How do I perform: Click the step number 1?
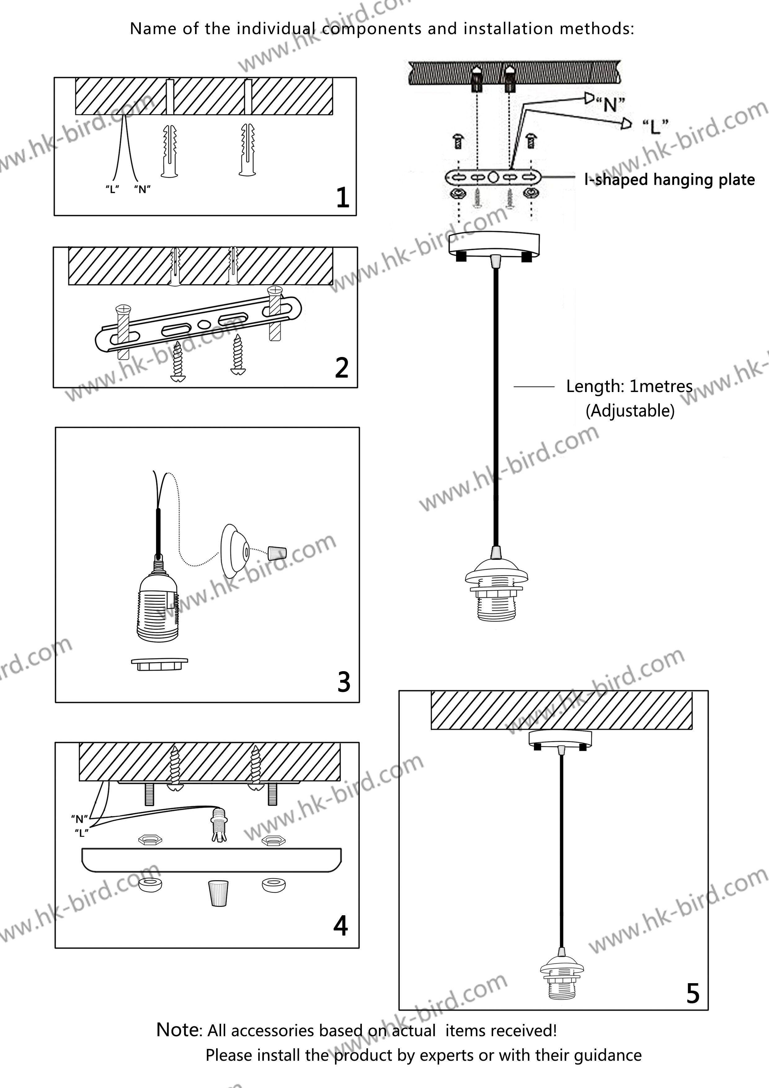[x=343, y=198]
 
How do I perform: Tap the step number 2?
[x=342, y=368]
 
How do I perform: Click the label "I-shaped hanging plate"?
[x=669, y=180]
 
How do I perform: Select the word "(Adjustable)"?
[x=630, y=410]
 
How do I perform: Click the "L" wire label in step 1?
[x=112, y=190]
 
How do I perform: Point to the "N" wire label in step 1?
[x=142, y=190]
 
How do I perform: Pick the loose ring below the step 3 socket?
[x=159, y=663]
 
